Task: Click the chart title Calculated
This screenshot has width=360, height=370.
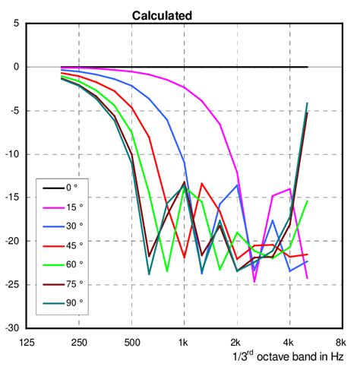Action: click(x=162, y=15)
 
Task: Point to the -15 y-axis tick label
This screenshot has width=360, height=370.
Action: click(x=11, y=198)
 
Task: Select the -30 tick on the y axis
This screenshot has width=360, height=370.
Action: click(x=11, y=328)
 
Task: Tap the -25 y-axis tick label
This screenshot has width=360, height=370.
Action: click(x=11, y=285)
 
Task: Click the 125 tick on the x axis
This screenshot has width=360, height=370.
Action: click(x=28, y=342)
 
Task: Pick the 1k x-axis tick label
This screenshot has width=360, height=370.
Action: click(x=183, y=342)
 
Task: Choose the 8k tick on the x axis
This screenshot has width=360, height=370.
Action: click(x=340, y=342)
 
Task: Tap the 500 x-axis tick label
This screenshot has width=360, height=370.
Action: click(x=132, y=342)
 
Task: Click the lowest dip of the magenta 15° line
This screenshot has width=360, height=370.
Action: click(x=254, y=282)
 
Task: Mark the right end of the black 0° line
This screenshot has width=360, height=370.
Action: click(x=308, y=67)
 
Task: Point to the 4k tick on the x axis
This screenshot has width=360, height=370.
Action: click(x=289, y=342)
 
